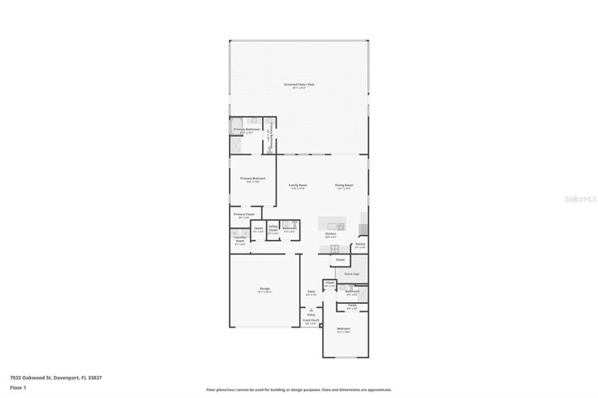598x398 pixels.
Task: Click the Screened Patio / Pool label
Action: click(299, 84)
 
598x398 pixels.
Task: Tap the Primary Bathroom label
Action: click(247, 129)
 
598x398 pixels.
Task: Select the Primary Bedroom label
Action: click(253, 178)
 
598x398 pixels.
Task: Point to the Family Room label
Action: click(298, 185)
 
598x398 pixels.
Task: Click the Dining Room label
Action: click(344, 185)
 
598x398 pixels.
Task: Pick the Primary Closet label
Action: click(244, 214)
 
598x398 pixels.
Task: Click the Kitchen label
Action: click(331, 234)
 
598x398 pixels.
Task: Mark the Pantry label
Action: click(360, 244)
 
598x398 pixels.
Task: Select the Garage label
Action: click(264, 289)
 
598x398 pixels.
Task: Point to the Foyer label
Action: click(311, 293)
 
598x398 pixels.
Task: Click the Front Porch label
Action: click(310, 322)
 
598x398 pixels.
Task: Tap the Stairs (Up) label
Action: click(351, 274)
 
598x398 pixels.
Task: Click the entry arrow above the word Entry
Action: click(311, 307)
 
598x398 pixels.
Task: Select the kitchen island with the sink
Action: click(333, 226)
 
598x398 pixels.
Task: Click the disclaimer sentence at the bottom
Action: click(299, 389)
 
